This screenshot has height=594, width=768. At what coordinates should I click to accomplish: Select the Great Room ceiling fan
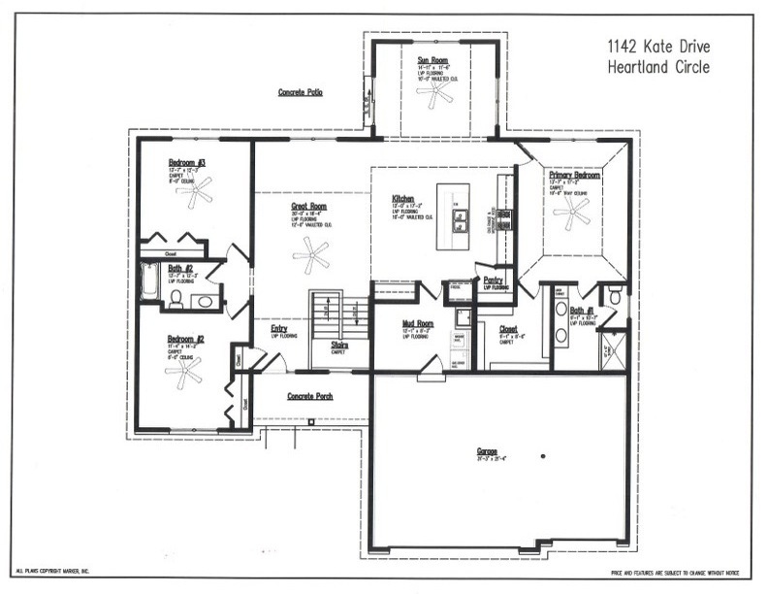(311, 257)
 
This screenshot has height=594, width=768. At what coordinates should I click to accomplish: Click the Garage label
(487, 451)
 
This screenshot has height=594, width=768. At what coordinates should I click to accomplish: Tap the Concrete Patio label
(301, 92)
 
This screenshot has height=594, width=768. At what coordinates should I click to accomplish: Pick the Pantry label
(493, 280)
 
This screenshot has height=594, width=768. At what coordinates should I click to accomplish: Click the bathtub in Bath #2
(149, 282)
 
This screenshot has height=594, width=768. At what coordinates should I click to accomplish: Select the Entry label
(278, 328)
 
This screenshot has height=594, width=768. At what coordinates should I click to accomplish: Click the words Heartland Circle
(658, 67)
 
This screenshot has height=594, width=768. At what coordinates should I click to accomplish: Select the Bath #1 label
(583, 309)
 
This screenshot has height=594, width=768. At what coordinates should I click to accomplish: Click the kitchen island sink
(462, 221)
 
